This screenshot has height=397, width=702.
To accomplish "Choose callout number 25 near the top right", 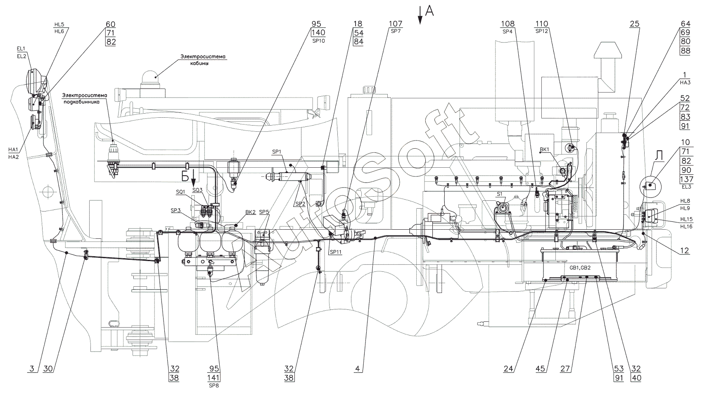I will pyautogui.click(x=634, y=24).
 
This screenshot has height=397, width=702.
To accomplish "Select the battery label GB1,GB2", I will pyautogui.click(x=572, y=267).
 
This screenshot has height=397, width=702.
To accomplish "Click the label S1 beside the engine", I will pyautogui.click(x=499, y=193).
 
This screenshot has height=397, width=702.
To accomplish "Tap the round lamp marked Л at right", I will pyautogui.click(x=650, y=185).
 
